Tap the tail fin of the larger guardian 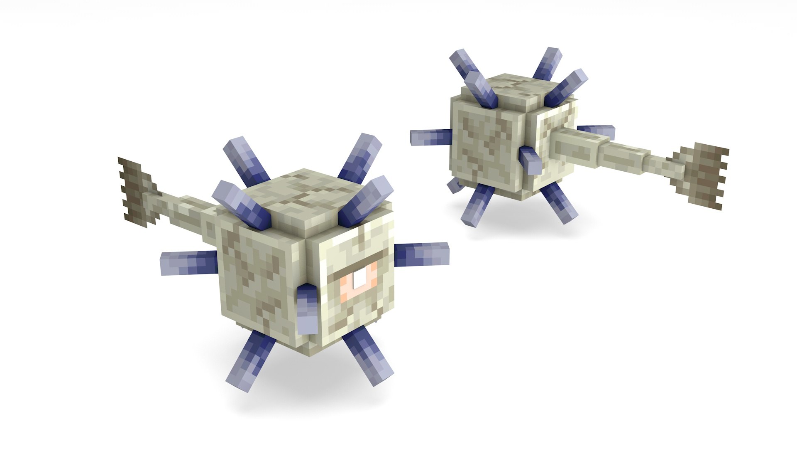click(137, 191)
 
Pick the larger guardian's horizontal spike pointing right click(421, 253)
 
